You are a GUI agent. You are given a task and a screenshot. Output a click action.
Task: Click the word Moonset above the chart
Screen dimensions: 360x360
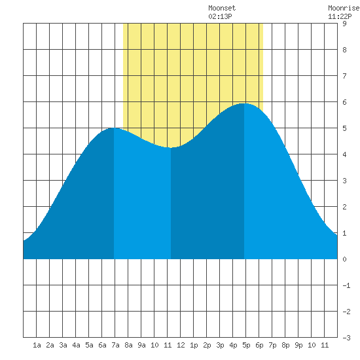(x=222, y=8)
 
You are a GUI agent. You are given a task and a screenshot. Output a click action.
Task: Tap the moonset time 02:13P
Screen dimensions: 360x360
(x=220, y=16)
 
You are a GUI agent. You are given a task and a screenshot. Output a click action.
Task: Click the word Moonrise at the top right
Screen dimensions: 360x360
(x=344, y=8)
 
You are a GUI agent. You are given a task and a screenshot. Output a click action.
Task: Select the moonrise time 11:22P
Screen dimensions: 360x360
(x=340, y=16)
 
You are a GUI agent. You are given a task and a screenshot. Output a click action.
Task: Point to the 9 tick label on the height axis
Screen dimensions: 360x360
(x=344, y=24)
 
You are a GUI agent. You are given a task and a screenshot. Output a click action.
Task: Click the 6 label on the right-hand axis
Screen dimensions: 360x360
(x=344, y=102)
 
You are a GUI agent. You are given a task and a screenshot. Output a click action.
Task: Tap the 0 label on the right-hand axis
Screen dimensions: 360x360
(x=344, y=259)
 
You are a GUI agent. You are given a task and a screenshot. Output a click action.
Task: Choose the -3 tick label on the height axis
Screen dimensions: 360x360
(x=346, y=338)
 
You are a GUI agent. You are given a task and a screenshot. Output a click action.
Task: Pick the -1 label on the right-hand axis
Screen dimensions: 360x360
(x=346, y=285)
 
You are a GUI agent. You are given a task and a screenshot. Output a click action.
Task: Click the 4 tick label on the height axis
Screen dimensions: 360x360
(x=344, y=154)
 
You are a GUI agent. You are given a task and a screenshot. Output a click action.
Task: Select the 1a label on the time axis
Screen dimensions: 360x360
(x=37, y=345)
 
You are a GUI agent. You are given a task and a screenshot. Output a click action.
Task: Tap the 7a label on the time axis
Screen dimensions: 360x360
(x=115, y=345)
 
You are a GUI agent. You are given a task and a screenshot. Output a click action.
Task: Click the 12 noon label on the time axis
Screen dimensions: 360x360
(x=181, y=345)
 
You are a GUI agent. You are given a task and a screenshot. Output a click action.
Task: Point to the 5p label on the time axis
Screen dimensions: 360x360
(x=246, y=345)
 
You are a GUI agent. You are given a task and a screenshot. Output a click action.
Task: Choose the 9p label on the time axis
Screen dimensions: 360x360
(x=298, y=345)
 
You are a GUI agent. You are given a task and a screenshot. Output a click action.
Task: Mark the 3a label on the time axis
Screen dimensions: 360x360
(x=63, y=345)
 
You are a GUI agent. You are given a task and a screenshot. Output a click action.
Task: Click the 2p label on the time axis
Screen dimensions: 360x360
(x=207, y=345)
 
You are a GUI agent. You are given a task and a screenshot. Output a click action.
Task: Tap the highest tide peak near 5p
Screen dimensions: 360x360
(x=244, y=103)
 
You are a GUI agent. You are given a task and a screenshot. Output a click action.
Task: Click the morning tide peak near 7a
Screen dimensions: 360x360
(x=114, y=128)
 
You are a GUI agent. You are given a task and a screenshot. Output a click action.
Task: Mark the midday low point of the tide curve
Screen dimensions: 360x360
(x=171, y=148)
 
